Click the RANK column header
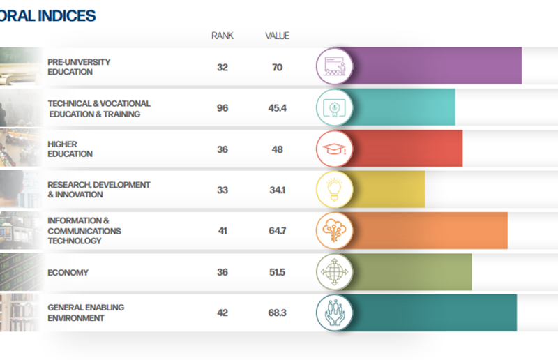pos(223,36)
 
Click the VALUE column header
pos(277,36)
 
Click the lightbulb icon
pos(335,189)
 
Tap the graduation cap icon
pos(335,148)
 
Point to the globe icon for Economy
pos(335,271)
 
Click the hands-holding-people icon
pos(335,313)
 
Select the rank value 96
pos(223,108)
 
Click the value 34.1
pos(277,190)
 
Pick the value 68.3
pos(277,313)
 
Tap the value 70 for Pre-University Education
pos(277,67)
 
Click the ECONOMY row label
pos(68,272)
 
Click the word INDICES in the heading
pos(67,15)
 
